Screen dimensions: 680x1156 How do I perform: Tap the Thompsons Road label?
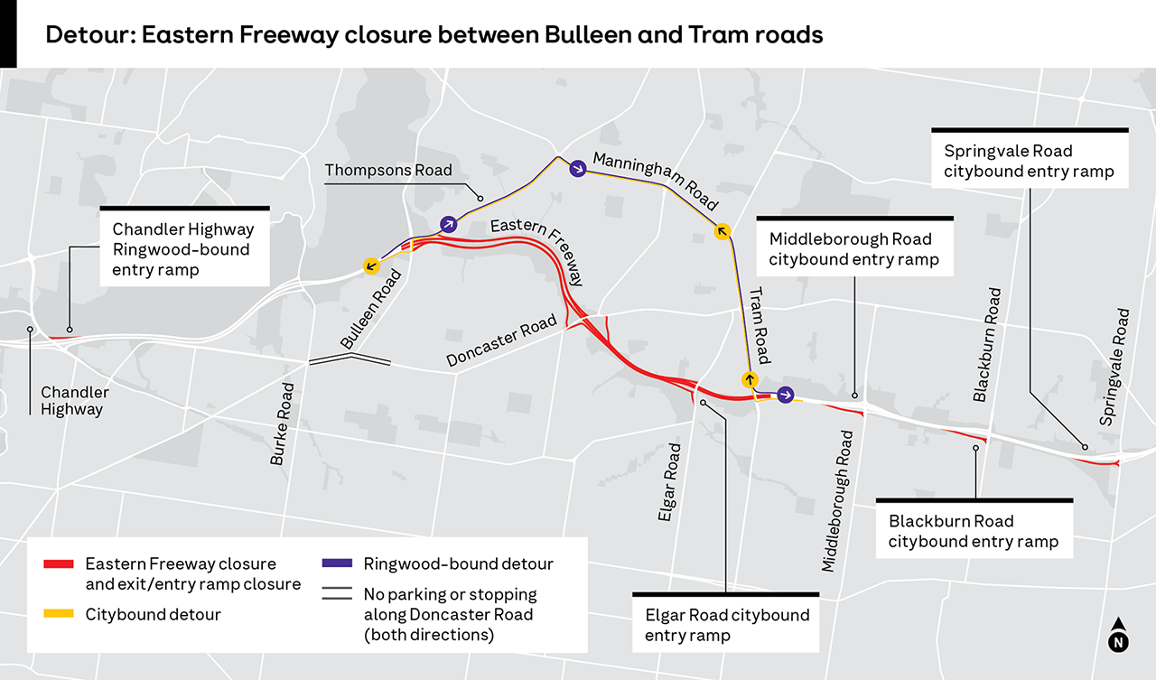[388, 171]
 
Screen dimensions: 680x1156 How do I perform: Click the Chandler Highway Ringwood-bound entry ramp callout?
[184, 248]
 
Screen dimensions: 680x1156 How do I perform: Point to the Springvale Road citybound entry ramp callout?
[1029, 161]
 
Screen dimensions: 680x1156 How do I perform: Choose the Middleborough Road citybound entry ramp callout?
[853, 249]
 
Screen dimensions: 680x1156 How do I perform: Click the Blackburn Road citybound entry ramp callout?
[974, 531]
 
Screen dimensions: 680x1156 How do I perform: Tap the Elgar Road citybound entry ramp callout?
[727, 625]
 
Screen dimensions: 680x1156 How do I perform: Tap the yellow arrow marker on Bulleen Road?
[370, 265]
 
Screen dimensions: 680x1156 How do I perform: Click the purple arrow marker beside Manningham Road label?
[576, 167]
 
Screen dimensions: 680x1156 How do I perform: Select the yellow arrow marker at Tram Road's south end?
[749, 378]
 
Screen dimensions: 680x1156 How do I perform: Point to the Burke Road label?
[282, 424]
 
